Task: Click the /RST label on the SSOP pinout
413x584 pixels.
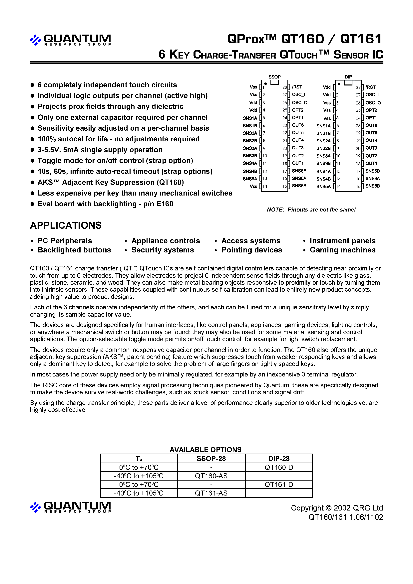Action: coord(297,87)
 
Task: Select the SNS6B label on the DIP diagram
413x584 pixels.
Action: coord(372,171)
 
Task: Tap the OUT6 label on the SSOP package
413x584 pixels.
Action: coord(298,125)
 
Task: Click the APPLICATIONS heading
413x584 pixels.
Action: coord(66,225)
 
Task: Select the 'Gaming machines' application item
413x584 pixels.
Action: coord(342,250)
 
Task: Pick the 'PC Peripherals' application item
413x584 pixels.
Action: coord(65,241)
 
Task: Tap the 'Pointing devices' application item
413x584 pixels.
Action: coord(251,250)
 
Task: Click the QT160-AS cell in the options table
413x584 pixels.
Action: coord(211,476)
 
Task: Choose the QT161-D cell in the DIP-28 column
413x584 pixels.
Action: coord(279,485)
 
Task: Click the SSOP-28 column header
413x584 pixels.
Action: coord(211,459)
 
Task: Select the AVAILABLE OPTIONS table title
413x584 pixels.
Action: coord(206,450)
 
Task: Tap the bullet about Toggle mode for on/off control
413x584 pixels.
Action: coord(115,161)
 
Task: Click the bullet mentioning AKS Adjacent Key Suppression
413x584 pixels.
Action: coord(111,182)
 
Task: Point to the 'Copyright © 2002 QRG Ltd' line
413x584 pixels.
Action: coord(337,508)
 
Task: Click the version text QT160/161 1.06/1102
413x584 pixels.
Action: coord(345,517)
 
